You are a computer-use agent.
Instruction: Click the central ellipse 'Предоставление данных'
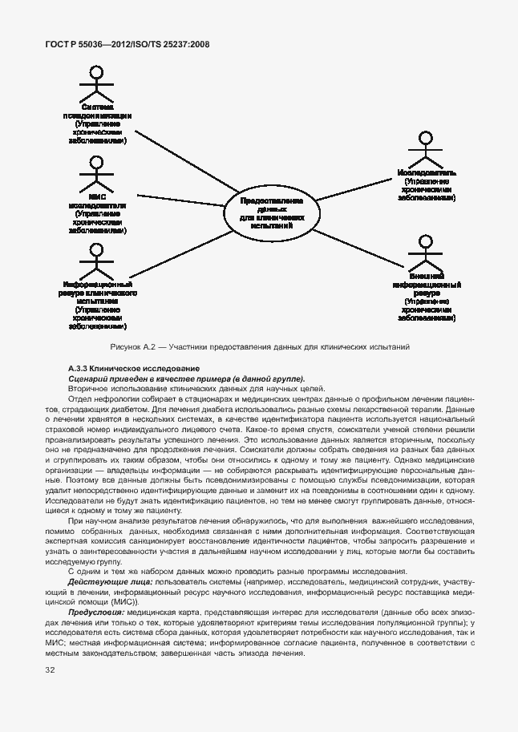tap(273, 212)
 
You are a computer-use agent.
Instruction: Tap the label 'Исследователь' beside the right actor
tap(426, 172)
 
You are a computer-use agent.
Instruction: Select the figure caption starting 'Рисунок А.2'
tap(259, 347)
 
